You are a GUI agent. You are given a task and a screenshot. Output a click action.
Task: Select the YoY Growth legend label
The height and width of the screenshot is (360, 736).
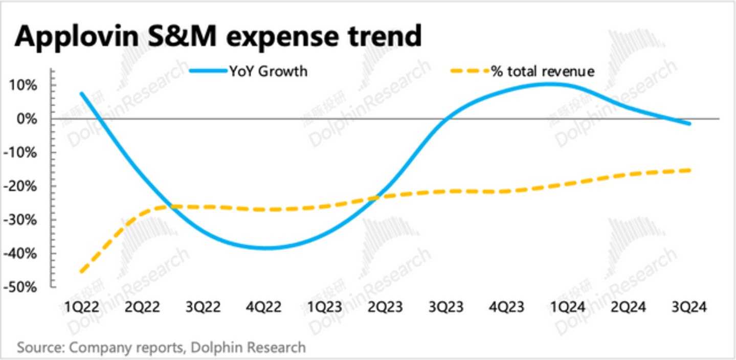(x=268, y=71)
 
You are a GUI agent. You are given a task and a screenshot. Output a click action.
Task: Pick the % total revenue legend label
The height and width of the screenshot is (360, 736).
(x=543, y=71)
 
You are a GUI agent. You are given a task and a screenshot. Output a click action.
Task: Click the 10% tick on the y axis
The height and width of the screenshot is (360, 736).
(x=23, y=85)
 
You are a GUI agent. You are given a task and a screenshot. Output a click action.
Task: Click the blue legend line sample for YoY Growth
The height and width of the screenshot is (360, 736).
(x=208, y=71)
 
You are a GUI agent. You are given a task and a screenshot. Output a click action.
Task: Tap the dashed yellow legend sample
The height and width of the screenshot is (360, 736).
(x=469, y=71)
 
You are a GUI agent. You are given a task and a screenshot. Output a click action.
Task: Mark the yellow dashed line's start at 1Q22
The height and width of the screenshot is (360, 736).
(x=81, y=272)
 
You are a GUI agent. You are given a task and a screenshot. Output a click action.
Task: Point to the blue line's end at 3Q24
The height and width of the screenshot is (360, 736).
(x=689, y=123)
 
